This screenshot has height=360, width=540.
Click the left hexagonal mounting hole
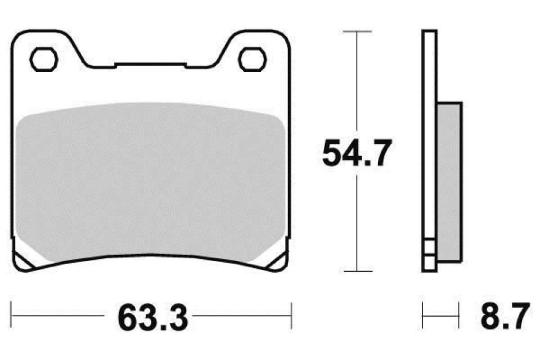[x=44, y=60]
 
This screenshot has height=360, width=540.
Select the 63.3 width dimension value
[x=152, y=318]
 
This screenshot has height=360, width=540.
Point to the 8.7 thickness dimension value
[x=505, y=318]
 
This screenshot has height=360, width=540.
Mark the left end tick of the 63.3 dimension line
[x=12, y=316]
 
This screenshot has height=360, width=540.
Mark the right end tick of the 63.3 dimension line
[x=291, y=316]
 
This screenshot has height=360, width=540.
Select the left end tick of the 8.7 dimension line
[x=424, y=316]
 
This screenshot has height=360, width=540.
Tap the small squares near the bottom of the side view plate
[x=429, y=254]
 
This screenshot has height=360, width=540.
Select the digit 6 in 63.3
[x=127, y=318]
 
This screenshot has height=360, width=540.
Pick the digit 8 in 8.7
[x=490, y=318]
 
